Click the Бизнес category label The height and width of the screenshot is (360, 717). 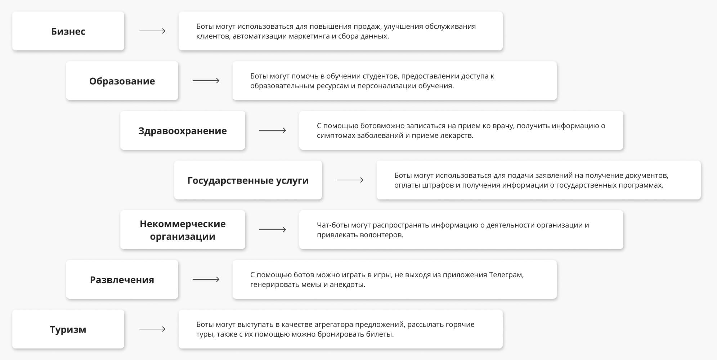point(68,31)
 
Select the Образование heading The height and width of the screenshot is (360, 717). point(122,81)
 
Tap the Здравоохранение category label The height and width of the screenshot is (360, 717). point(183,131)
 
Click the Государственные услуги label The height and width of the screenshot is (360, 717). point(248,180)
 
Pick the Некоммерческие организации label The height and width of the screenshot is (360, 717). point(183,230)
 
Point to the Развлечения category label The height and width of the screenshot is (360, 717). point(122,280)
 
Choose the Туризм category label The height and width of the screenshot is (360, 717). point(68,329)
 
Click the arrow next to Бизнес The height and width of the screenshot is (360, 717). point(152,31)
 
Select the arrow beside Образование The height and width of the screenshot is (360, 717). point(206,81)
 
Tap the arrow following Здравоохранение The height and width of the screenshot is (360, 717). point(273,130)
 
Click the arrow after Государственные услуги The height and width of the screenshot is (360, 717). point(350,180)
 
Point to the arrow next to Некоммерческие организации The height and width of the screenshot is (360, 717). point(273,230)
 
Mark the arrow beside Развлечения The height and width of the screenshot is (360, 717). point(206,279)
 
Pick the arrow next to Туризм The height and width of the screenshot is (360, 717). point(152,329)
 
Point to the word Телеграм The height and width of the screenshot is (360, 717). point(506,275)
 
